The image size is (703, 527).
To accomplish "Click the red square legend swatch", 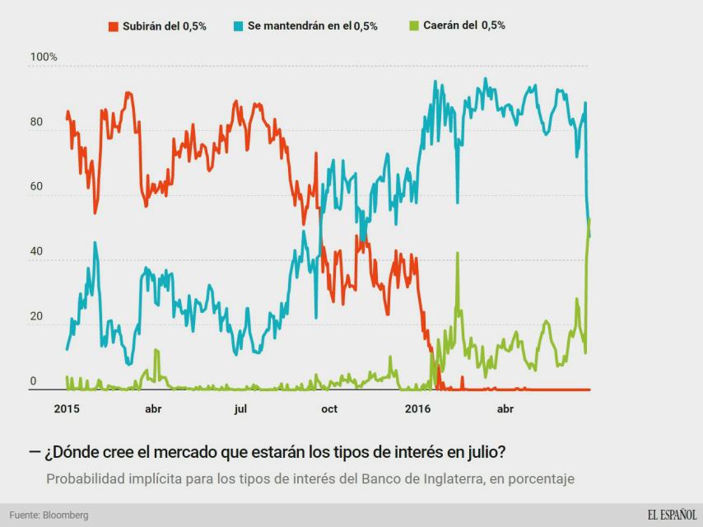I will click(x=114, y=26).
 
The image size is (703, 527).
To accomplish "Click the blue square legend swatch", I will click(x=239, y=26).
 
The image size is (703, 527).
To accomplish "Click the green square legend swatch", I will click(x=415, y=26).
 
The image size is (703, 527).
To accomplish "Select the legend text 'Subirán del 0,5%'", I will click(x=165, y=26).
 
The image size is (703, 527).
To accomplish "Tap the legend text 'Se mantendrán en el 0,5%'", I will click(x=313, y=26).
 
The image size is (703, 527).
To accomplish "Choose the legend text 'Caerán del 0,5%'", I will click(x=464, y=26).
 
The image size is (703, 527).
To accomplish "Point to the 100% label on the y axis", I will click(x=44, y=58).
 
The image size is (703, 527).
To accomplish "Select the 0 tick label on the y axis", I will click(x=34, y=381).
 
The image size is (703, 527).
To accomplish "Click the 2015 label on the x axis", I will click(x=66, y=408).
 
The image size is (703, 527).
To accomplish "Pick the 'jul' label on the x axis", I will click(x=240, y=408).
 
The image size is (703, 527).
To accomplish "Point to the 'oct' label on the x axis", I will click(x=328, y=408).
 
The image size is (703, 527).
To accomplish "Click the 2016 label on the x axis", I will click(x=418, y=408).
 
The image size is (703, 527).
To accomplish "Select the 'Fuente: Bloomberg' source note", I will click(x=49, y=515).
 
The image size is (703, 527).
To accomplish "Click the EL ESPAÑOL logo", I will click(x=671, y=515).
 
